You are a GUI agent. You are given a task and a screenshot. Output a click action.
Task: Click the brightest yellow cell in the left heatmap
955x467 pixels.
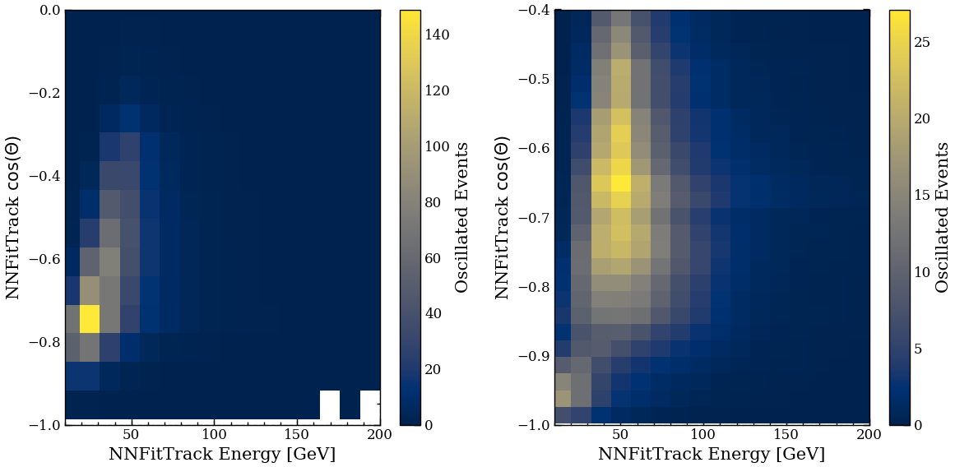pyautogui.click(x=89, y=319)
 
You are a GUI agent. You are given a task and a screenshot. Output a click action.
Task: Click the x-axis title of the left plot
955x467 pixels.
pyautogui.click(x=222, y=454)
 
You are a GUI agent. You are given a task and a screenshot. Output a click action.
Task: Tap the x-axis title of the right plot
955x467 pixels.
pyautogui.click(x=712, y=454)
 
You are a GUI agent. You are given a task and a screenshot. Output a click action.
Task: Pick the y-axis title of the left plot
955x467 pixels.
pyautogui.click(x=13, y=217)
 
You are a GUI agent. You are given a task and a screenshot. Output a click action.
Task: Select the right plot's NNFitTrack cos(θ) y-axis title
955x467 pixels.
pyautogui.click(x=503, y=217)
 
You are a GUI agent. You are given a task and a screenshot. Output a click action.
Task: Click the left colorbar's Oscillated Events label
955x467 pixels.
pyautogui.click(x=462, y=217)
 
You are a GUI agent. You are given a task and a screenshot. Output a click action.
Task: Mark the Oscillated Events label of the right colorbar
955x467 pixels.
pyautogui.click(x=943, y=217)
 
